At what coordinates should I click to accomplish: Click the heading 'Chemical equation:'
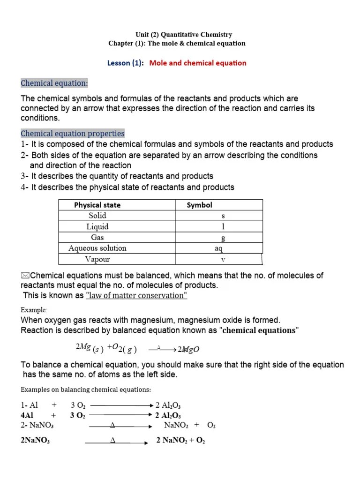pyautogui.click(x=54, y=83)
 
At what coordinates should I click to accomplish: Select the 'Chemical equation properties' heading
pyautogui.click(x=73, y=134)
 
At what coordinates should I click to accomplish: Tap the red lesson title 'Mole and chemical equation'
pyautogui.click(x=197, y=63)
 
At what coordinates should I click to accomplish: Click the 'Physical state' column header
pyautogui.click(x=97, y=205)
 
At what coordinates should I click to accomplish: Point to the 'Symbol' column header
pyautogui.click(x=199, y=205)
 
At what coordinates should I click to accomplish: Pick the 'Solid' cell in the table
pyautogui.click(x=97, y=216)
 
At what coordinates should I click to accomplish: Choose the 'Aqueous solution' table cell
pyautogui.click(x=97, y=248)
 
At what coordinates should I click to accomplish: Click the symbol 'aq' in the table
pyautogui.click(x=218, y=248)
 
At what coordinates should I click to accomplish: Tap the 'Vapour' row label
pyautogui.click(x=97, y=259)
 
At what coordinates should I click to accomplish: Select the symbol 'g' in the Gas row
pyautogui.click(x=223, y=238)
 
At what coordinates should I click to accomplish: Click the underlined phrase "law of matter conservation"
pyautogui.click(x=136, y=295)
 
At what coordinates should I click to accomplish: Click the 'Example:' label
pyautogui.click(x=34, y=310)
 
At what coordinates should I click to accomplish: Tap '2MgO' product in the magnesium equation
pyautogui.click(x=189, y=349)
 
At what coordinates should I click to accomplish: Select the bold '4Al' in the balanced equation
pyautogui.click(x=27, y=415)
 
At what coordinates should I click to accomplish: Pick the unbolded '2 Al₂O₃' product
pyautogui.click(x=171, y=405)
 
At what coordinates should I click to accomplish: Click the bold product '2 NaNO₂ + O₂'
pyautogui.click(x=180, y=441)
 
